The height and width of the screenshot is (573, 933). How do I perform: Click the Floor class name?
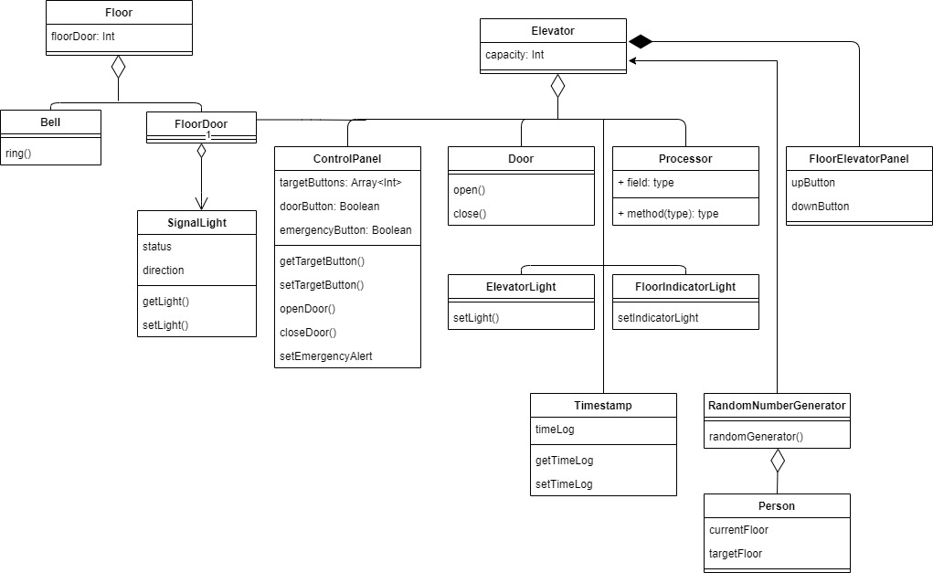[119, 12]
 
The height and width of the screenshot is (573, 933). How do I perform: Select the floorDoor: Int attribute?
[82, 37]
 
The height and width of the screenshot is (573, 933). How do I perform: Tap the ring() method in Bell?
[18, 153]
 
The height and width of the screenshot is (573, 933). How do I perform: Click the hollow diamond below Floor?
[118, 67]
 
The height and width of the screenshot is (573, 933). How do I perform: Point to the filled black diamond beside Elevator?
[641, 41]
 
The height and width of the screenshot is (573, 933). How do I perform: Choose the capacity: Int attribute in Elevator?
[514, 55]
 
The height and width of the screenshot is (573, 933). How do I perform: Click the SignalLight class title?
[196, 222]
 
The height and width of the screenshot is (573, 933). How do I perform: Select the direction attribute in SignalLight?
[164, 271]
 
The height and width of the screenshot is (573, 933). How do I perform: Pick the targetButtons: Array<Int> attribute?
[340, 183]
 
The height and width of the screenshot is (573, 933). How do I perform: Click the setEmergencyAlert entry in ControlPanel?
[325, 356]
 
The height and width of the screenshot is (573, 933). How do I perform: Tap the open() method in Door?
[469, 190]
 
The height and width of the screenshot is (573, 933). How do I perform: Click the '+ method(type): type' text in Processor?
[668, 214]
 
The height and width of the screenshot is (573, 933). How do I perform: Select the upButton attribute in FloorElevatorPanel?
[813, 183]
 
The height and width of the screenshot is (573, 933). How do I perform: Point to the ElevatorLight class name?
[521, 286]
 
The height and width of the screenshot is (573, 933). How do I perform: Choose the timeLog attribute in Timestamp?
[555, 430]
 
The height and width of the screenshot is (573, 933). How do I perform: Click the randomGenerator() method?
[756, 437]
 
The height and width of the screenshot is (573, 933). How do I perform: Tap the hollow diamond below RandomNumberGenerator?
[777, 461]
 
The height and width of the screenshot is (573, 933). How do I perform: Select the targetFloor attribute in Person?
[736, 554]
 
